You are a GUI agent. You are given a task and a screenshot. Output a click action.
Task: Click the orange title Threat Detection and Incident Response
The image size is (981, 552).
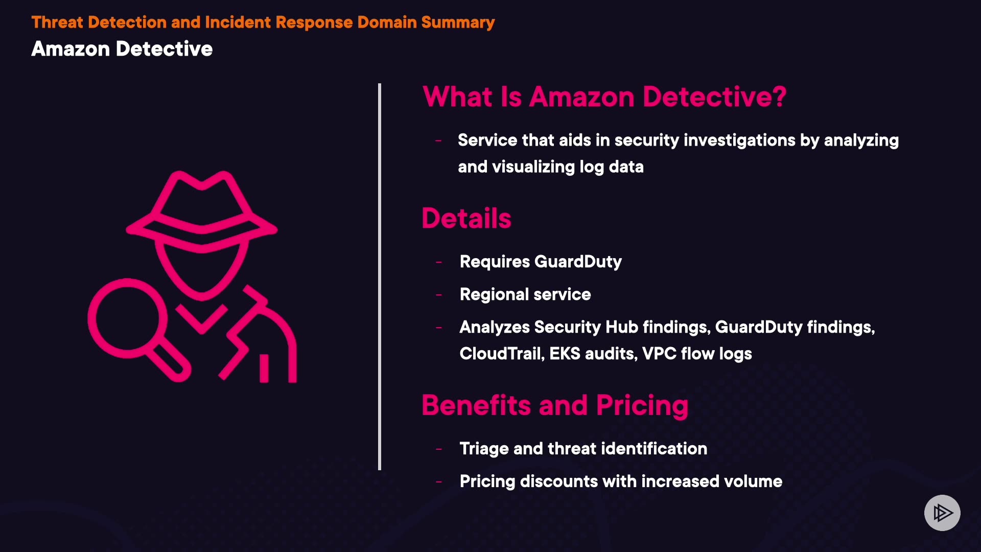pyautogui.click(x=263, y=22)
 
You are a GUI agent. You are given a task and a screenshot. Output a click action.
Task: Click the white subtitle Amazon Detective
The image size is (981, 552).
pyautogui.click(x=122, y=49)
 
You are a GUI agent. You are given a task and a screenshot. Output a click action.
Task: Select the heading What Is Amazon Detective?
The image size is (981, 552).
pyautogui.click(x=604, y=97)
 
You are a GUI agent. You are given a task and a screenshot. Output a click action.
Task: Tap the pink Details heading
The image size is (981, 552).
pyautogui.click(x=466, y=219)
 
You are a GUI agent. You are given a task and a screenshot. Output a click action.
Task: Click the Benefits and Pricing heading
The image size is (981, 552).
pyautogui.click(x=555, y=405)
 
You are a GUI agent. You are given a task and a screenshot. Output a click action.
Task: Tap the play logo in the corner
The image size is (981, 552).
pyautogui.click(x=942, y=513)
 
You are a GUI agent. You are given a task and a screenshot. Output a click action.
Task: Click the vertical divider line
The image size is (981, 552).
pyautogui.click(x=380, y=276)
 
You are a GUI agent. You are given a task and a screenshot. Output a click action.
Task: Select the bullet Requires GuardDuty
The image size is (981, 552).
pyautogui.click(x=541, y=262)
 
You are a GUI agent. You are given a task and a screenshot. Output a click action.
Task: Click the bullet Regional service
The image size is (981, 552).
pyautogui.click(x=525, y=294)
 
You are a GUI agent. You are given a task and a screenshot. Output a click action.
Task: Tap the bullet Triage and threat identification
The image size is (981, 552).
pyautogui.click(x=583, y=449)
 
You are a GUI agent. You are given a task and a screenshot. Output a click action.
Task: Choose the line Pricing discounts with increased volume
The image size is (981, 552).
pyautogui.click(x=621, y=481)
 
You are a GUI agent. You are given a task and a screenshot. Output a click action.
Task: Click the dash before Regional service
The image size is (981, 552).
pyautogui.click(x=438, y=295)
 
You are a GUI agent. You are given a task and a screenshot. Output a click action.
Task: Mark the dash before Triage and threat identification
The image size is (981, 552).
pyautogui.click(x=438, y=449)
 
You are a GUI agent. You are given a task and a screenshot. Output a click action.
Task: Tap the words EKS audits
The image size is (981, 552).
pyautogui.click(x=593, y=354)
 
